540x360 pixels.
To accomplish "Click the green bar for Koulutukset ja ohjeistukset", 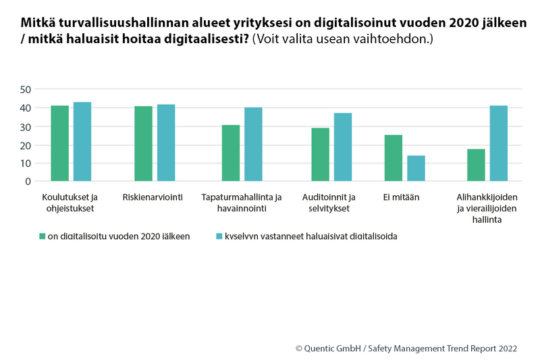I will coord(59,143).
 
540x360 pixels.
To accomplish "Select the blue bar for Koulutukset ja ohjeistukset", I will coord(82,142).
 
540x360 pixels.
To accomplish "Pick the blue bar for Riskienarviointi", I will coord(166,143).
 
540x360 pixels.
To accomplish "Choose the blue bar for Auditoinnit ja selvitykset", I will coord(343,147).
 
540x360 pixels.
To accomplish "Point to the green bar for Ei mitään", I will coord(394,158).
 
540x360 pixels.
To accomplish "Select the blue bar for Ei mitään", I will coord(416,168).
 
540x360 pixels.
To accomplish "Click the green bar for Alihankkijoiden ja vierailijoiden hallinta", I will coord(476,165).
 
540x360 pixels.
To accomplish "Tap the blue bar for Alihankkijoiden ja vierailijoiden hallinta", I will coord(499,143).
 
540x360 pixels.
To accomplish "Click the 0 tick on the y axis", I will coord(28,181).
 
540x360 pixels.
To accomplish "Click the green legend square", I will coord(41,236).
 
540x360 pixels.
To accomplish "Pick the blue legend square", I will coord(218,236).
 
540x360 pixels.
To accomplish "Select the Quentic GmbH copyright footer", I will coord(406,349).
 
